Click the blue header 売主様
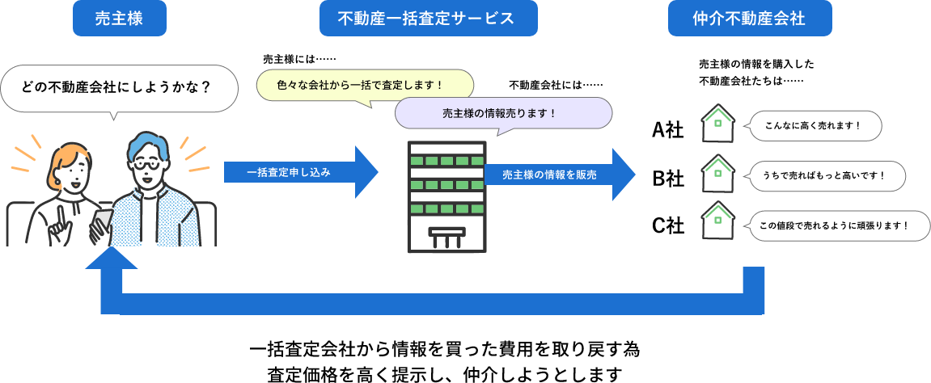click(119, 19)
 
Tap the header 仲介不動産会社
click(749, 19)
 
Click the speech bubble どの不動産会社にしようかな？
click(120, 87)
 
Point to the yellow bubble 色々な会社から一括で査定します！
click(365, 84)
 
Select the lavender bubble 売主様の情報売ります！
click(503, 112)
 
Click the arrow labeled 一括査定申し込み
click(299, 172)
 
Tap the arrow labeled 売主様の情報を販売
click(558, 174)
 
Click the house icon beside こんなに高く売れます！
click(717, 124)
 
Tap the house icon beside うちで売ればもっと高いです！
click(717, 173)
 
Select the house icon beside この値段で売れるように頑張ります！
click(717, 221)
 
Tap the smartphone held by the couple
click(103, 221)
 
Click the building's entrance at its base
click(446, 237)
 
